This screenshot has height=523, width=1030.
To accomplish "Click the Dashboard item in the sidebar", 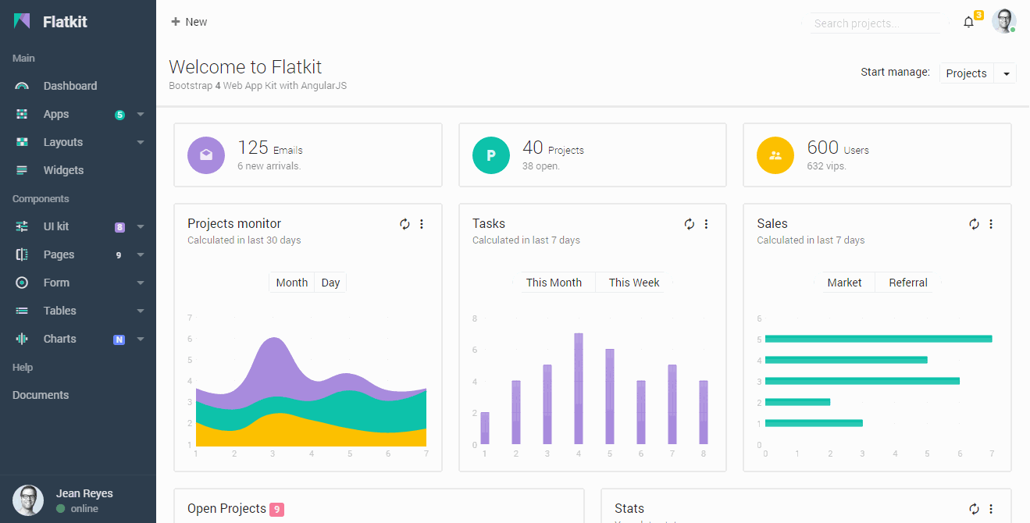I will coord(69,86).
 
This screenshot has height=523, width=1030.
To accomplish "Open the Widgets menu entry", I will coord(62,170).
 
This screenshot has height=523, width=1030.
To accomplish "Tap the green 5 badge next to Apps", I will coord(119,115).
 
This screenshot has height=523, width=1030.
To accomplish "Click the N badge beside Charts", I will coord(119,340).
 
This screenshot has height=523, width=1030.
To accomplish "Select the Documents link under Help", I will coord(41,395).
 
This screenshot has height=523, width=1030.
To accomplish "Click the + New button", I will coord(189,22).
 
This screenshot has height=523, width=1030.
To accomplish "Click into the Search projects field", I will coord(873,23).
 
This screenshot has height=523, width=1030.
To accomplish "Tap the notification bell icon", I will coord(968,22).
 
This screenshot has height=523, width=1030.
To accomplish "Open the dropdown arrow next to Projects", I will coord(1006,73).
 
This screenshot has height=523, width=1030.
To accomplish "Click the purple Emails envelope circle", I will coord(206,155).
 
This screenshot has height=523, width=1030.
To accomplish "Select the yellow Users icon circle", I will coord(775,155).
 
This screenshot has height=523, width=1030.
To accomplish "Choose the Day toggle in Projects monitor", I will coord(330,283).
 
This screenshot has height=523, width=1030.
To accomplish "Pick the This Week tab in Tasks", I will coord(633,283).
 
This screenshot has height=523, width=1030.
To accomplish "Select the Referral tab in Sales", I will coord(907,283).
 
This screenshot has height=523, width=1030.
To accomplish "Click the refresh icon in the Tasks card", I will coord(689,224).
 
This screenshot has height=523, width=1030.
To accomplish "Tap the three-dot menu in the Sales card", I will coord(991,224).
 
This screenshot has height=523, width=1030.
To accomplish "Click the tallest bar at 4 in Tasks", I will coord(579,389).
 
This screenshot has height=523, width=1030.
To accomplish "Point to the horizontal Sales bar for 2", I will coord(797,402).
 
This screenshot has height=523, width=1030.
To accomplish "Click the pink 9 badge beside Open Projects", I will coord(276,510).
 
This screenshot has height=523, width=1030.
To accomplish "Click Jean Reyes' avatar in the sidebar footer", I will coord(28,500).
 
